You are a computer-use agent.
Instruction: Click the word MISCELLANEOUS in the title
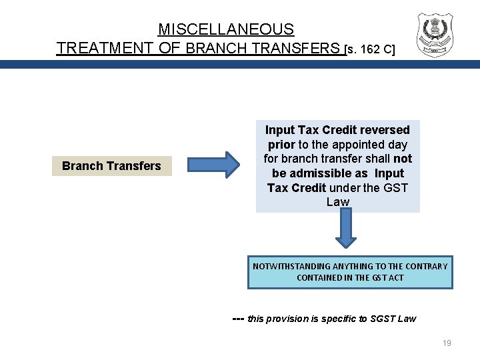click(225, 29)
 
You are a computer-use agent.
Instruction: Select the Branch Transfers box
click(111, 166)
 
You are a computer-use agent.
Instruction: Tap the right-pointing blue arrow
click(213, 166)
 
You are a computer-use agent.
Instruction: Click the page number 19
click(447, 343)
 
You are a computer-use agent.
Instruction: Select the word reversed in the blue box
click(387, 130)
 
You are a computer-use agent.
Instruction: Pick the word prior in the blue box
click(281, 145)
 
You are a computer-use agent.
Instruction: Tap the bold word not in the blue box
click(403, 159)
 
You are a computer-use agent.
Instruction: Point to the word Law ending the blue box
click(338, 202)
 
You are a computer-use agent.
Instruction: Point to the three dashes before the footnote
click(237, 318)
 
